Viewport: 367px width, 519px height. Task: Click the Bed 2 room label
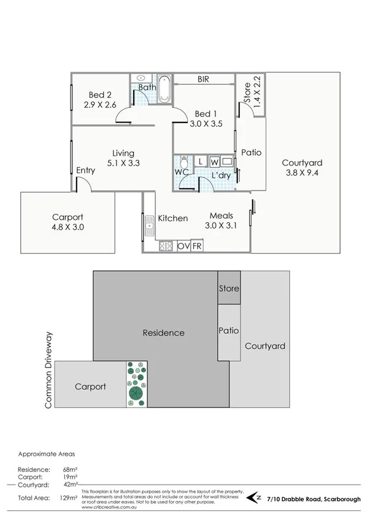click(99, 94)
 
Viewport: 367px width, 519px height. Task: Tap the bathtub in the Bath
click(164, 89)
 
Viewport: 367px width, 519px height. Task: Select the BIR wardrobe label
click(204, 79)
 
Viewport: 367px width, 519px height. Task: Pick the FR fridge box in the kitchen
click(197, 246)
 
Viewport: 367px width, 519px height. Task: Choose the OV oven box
click(183, 246)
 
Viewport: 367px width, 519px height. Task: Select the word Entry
click(85, 170)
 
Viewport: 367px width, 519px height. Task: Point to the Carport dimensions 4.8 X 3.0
click(68, 227)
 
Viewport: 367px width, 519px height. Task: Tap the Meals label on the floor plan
click(220, 216)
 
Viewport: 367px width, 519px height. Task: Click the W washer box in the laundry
click(214, 162)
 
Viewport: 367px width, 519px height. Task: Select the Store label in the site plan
click(230, 288)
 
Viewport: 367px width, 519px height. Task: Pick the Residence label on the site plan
click(163, 333)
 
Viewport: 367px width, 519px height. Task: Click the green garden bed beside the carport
click(136, 384)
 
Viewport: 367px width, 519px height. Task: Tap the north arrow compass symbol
click(255, 496)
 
